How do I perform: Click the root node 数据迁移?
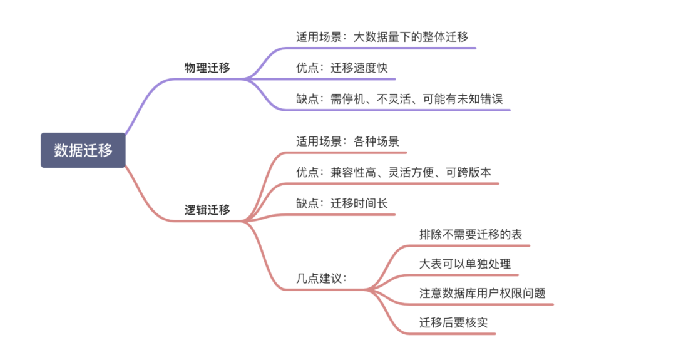83,150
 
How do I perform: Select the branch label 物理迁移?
207,68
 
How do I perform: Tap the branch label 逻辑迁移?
207,210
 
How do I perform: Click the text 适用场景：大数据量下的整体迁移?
382,37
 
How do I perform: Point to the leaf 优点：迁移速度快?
346,68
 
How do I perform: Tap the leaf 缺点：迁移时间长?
346,203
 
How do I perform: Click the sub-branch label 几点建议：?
321,279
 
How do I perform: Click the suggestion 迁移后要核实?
453,323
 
